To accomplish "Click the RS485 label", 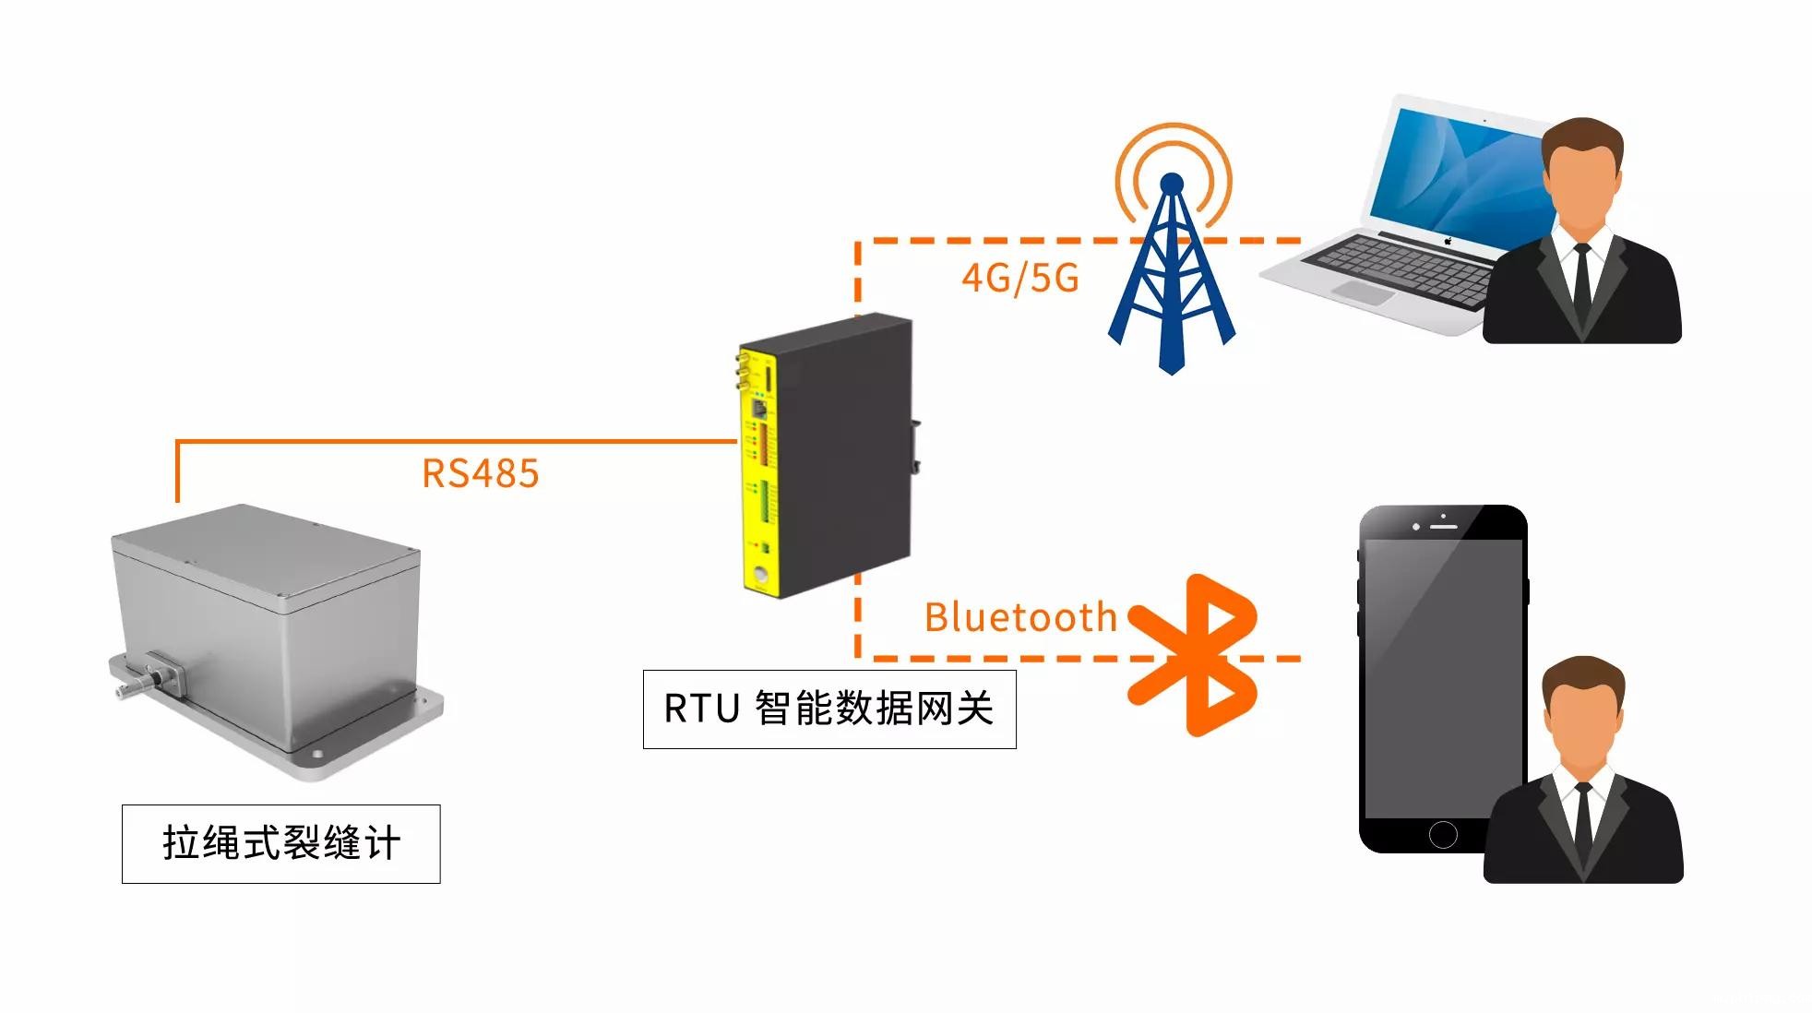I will (x=480, y=473).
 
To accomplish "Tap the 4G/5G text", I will (x=1019, y=278).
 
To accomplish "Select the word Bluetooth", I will (x=1020, y=617).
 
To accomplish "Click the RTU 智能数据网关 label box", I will (x=829, y=709).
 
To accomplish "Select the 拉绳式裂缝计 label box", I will (x=280, y=843).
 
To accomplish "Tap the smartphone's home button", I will (x=1442, y=834).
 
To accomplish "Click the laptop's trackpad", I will (x=1362, y=292).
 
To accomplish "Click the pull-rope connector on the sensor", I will (x=148, y=679).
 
